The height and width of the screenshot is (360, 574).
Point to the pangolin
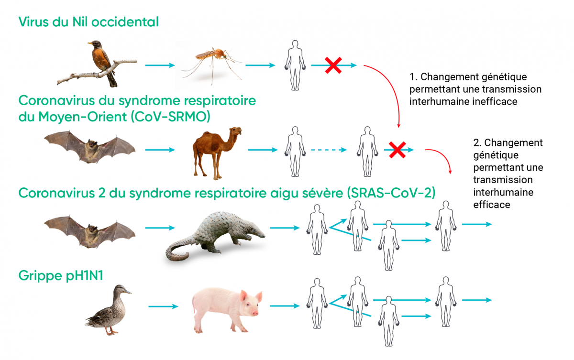[x=215, y=236]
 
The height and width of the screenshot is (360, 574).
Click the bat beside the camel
[x=90, y=147]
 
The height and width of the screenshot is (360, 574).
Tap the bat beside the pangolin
[x=90, y=232]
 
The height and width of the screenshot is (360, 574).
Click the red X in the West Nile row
[x=333, y=65]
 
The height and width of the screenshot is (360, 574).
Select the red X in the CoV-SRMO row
[x=397, y=150]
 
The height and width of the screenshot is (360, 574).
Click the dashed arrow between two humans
[x=329, y=150]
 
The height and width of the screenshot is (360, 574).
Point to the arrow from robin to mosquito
[x=160, y=65]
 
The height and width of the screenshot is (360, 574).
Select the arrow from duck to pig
[x=163, y=306]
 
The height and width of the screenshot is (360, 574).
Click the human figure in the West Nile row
[x=295, y=65]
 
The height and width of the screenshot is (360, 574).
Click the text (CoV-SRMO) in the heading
[x=170, y=117]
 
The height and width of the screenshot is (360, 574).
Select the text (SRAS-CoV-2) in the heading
[x=391, y=193]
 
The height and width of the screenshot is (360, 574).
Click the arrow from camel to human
[x=263, y=150]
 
